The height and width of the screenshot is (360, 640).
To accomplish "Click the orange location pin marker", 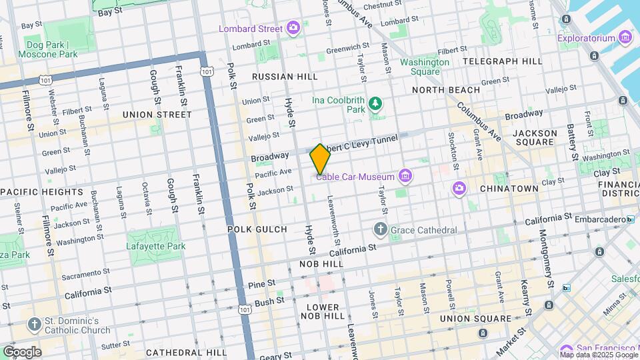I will [x=320, y=159].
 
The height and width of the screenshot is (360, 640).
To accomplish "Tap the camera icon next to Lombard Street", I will [x=293, y=28].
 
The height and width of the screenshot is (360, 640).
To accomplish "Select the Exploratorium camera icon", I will [x=625, y=37].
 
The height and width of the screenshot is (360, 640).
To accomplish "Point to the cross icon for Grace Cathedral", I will [x=381, y=230].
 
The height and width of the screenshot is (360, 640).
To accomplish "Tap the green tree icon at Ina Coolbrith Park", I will [x=376, y=103].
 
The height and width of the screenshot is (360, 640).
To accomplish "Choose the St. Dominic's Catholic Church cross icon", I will [x=34, y=325].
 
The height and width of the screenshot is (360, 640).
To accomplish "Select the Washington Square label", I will [x=424, y=67].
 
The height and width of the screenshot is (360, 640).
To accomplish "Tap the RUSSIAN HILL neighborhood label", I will [x=285, y=77].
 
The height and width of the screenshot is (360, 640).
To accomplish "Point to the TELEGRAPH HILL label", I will [x=502, y=61].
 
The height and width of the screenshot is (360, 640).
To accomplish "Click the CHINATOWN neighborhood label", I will [x=509, y=189].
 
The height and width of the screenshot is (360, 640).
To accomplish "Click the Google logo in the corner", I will [x=22, y=351].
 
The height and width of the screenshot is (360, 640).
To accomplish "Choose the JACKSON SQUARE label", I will [x=534, y=137].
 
